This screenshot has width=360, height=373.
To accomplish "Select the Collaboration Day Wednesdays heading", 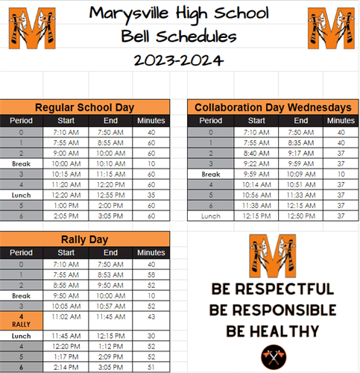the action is click(x=272, y=107).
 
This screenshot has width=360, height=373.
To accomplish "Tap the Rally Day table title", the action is click(x=86, y=239).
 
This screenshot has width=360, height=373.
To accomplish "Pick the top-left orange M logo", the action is click(x=31, y=27).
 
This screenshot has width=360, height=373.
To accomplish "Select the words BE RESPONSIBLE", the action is click(x=272, y=310).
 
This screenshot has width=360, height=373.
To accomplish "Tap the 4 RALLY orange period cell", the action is click(x=20, y=321).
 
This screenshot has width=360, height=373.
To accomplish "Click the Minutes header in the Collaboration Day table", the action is click(x=341, y=120).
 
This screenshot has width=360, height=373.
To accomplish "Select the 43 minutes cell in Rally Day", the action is click(x=152, y=316).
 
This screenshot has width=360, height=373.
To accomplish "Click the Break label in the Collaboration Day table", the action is click(x=211, y=174).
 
